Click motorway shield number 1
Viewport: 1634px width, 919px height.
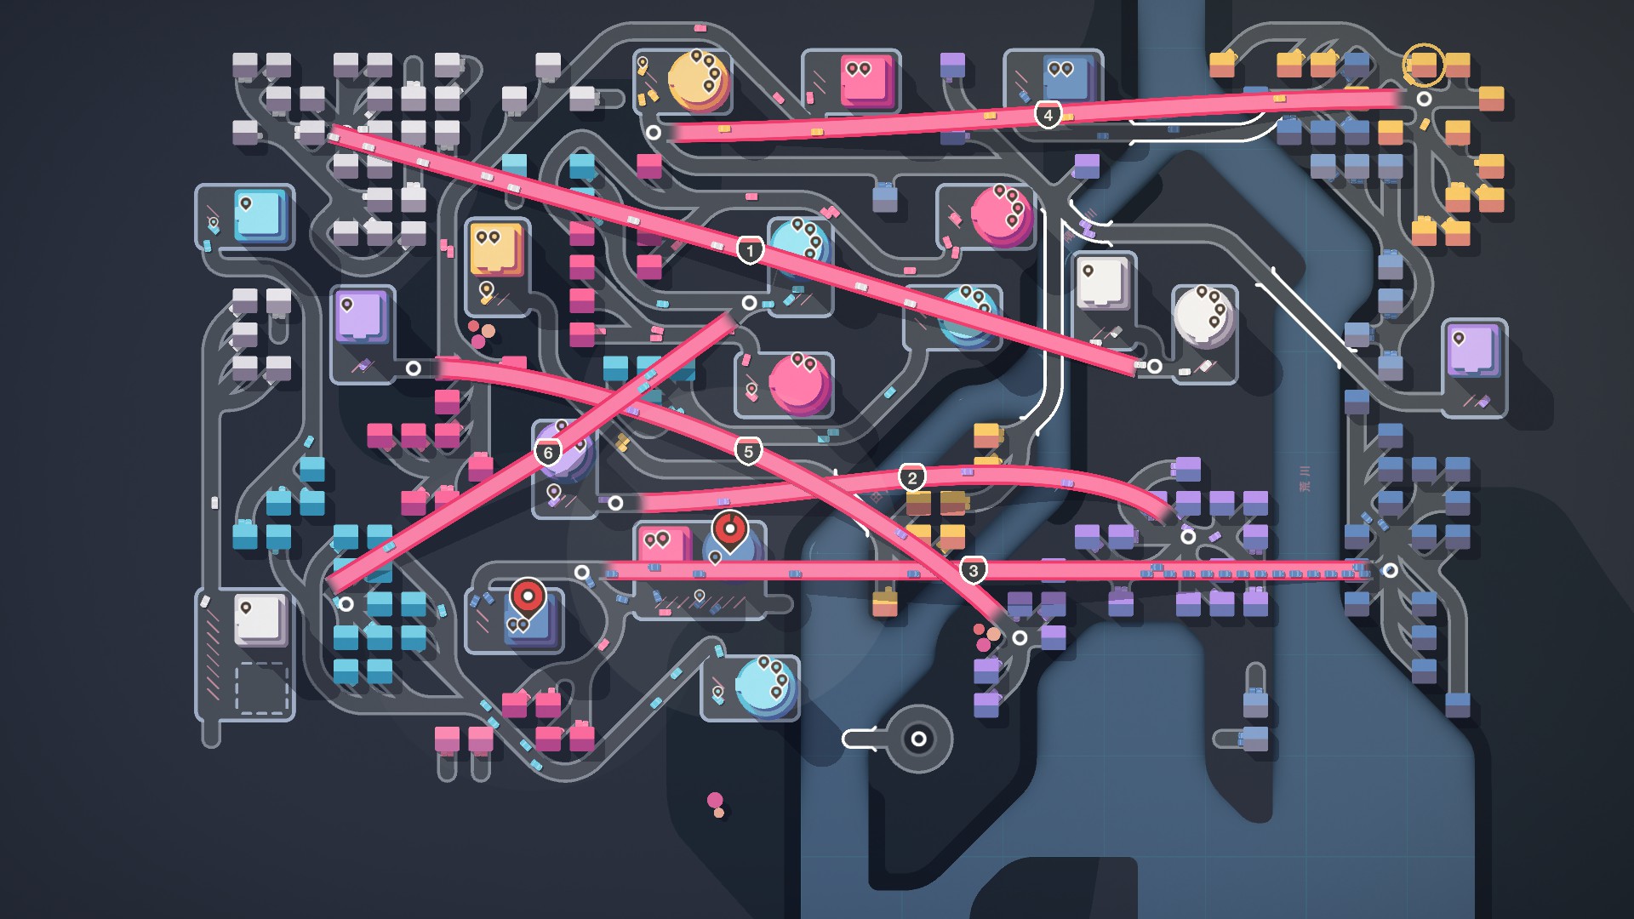(750, 250)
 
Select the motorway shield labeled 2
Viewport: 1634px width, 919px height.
(912, 477)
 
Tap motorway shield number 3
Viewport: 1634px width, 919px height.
(974, 570)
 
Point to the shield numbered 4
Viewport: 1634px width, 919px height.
(1048, 114)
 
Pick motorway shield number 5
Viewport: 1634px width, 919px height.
(748, 451)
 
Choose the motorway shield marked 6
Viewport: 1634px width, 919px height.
(548, 452)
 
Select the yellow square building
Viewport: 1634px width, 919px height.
(496, 249)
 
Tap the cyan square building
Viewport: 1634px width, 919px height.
(260, 216)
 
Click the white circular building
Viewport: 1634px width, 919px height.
(1203, 315)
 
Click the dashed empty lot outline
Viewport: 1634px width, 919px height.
(261, 688)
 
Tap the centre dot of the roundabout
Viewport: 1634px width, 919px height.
(918, 739)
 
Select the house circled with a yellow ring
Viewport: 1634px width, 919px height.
(1423, 65)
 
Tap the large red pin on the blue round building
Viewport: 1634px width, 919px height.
(729, 529)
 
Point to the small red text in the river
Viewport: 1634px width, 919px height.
(1305, 478)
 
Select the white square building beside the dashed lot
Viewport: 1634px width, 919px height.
(260, 619)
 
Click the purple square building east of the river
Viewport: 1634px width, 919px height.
(1473, 350)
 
